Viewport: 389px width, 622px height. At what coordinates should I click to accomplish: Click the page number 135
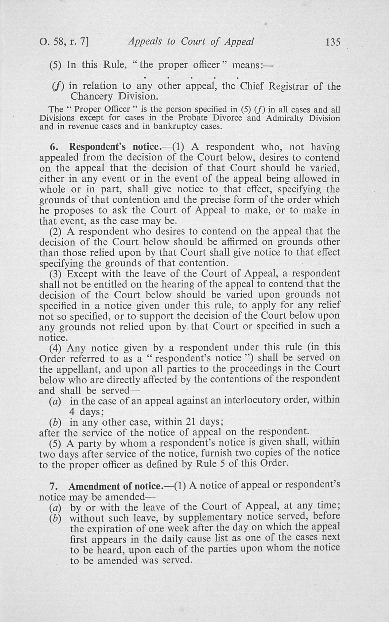pyautogui.click(x=333, y=42)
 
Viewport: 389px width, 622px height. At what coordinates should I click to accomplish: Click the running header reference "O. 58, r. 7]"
pyautogui.click(x=64, y=42)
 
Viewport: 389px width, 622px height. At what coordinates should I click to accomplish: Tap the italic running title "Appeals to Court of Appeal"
pyautogui.click(x=191, y=42)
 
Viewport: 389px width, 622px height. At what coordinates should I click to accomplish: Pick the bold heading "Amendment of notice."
pyautogui.click(x=115, y=486)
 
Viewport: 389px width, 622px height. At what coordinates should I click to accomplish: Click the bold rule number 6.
pyautogui.click(x=53, y=147)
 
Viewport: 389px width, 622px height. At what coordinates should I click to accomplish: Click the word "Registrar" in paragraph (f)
pyautogui.click(x=288, y=86)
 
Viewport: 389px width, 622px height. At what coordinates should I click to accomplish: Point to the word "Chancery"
pyautogui.click(x=92, y=96)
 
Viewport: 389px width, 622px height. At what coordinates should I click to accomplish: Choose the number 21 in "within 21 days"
pyautogui.click(x=190, y=422)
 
